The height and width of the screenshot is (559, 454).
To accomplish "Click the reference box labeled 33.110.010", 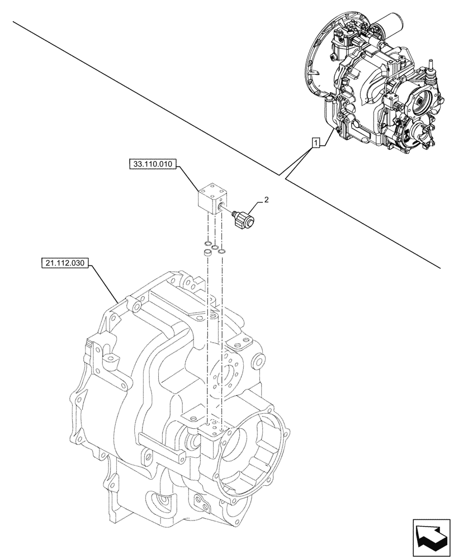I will click(x=152, y=164).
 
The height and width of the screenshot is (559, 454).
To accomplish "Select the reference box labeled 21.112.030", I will click(x=65, y=262).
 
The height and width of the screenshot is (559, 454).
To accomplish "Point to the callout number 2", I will click(x=266, y=199).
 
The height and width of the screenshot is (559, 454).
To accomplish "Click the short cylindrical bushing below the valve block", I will click(x=206, y=253).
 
